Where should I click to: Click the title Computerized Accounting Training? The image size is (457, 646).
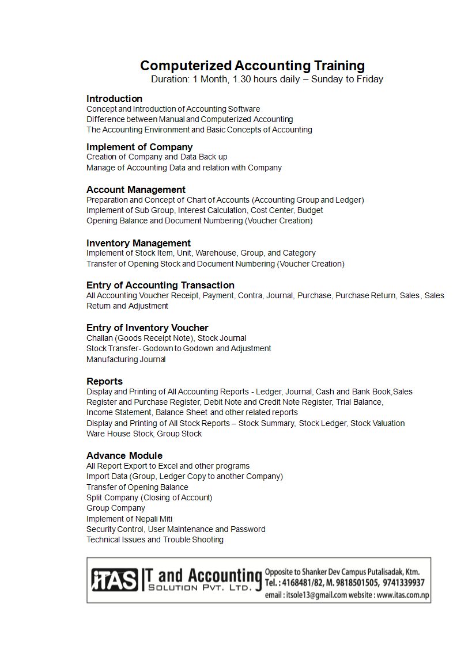click(x=252, y=66)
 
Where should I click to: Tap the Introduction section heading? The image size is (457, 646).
click(x=114, y=98)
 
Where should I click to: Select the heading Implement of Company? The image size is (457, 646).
click(x=139, y=147)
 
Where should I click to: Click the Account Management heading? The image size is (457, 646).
click(x=136, y=189)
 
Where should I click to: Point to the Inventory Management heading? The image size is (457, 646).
click(x=138, y=243)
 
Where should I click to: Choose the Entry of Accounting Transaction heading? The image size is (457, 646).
click(x=160, y=285)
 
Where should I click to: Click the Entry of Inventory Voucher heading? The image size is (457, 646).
click(x=148, y=328)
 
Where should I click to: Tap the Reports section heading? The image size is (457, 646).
click(x=104, y=381)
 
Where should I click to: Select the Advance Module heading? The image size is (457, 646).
click(x=124, y=455)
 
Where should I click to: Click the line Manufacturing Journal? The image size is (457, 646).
click(x=126, y=359)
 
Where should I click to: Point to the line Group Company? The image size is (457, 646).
click(x=116, y=508)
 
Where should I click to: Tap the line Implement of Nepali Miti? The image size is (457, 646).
click(x=129, y=519)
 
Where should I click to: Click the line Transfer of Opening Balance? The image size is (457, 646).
click(x=137, y=487)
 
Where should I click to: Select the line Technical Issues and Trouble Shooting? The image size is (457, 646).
click(x=155, y=539)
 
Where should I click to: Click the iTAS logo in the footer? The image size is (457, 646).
click(x=115, y=580)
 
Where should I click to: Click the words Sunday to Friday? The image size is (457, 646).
click(x=347, y=79)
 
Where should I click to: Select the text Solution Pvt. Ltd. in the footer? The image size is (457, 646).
click(x=199, y=588)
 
